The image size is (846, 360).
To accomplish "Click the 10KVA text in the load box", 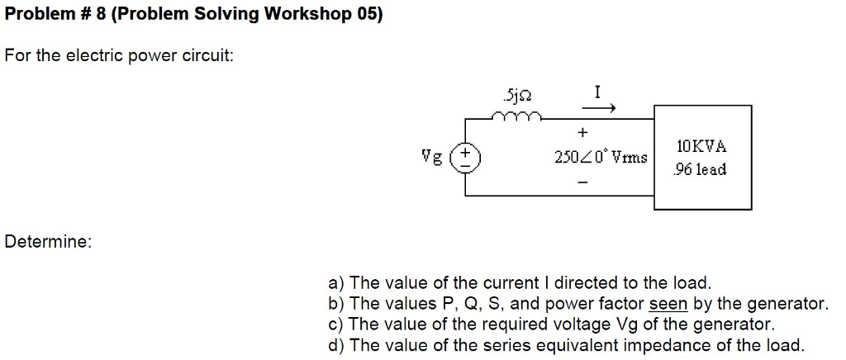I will [x=701, y=146].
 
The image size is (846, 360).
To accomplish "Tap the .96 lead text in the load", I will [x=700, y=169].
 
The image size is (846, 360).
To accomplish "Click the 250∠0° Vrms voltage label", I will [x=601, y=155].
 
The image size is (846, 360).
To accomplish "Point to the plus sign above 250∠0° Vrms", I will [x=582, y=132].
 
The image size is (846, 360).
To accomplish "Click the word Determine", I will [x=48, y=242].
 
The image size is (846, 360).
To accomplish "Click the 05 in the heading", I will [x=367, y=15].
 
